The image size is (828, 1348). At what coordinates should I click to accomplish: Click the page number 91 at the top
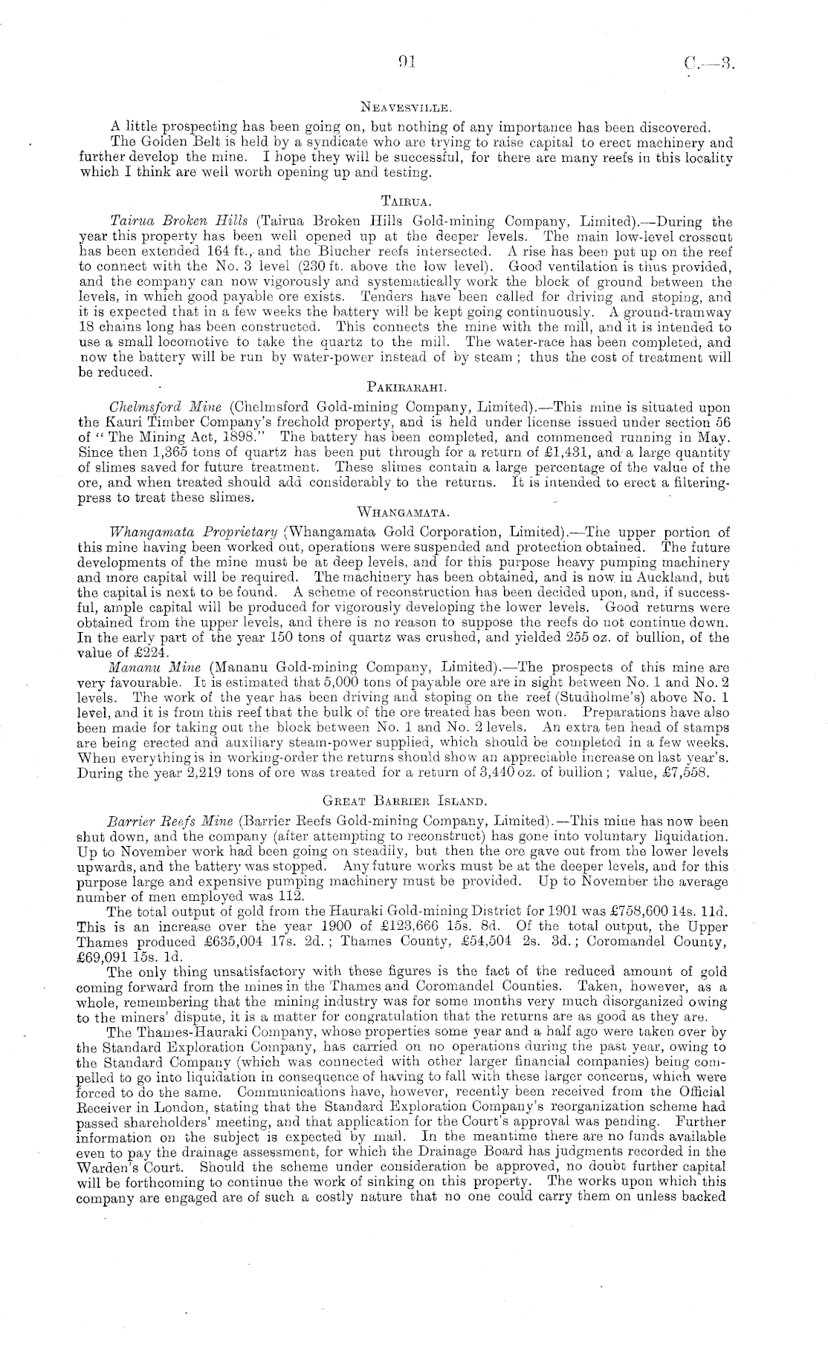tap(405, 63)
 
